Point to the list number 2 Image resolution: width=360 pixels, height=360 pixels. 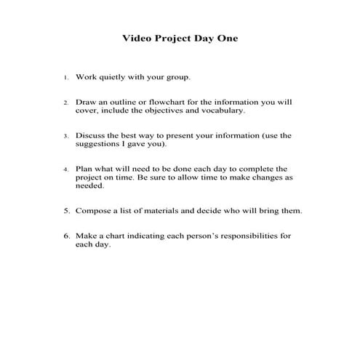point(65,103)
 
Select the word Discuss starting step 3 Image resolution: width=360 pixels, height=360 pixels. point(90,135)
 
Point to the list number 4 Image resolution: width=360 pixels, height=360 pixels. point(65,169)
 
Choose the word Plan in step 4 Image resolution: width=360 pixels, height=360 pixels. point(84,168)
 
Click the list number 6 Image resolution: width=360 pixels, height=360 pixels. point(65,236)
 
